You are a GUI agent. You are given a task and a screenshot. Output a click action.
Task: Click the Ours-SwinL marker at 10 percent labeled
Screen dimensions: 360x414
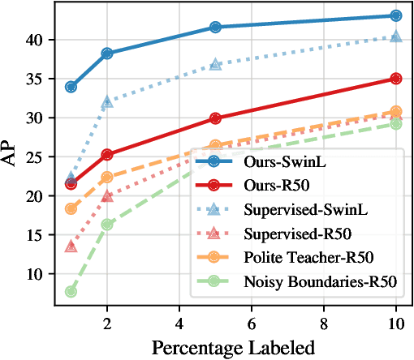coord(396,15)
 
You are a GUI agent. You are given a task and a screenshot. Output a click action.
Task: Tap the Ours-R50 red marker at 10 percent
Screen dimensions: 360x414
coord(396,79)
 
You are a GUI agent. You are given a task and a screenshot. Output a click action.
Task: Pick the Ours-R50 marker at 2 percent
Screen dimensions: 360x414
coord(107,154)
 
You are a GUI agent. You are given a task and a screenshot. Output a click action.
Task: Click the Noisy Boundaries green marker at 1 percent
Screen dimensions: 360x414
coord(71,291)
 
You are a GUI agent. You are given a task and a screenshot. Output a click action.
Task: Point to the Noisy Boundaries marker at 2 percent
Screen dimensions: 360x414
coord(107,225)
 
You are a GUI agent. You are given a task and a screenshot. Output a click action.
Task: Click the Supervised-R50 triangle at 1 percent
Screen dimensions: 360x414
coord(71,246)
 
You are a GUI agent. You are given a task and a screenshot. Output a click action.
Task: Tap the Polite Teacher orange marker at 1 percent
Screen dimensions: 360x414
coord(71,208)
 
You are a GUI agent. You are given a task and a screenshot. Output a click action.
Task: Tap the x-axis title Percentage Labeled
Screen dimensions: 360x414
coord(234,349)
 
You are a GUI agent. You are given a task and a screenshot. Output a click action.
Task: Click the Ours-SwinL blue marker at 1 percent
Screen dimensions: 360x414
coord(71,87)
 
